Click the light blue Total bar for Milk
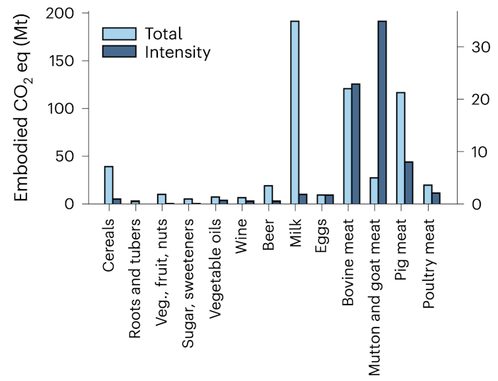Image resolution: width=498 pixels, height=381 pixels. coord(295,112)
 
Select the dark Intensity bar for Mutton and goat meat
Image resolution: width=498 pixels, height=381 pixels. coord(382,112)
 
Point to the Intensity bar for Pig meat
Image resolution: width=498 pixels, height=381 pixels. coord(409,183)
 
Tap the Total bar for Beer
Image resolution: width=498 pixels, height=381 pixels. coord(268,194)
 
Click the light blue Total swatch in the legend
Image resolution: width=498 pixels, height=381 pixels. coord(119,34)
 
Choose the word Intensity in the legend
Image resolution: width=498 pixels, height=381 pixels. coord(178,52)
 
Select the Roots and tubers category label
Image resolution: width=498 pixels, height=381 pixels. coord(135,275)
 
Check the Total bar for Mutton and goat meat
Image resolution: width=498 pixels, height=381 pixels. coord(374,190)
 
